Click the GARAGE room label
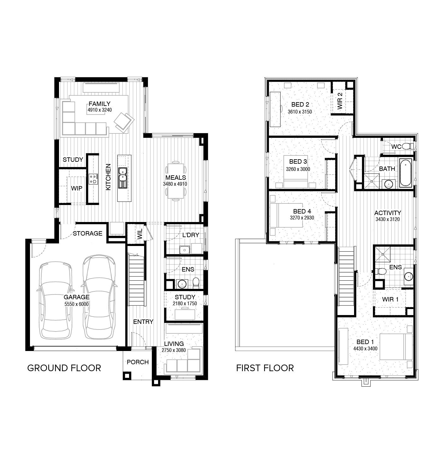[x=76, y=297]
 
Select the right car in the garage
[x=98, y=296]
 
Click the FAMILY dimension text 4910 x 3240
[x=100, y=110]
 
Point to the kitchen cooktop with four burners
[x=93, y=179]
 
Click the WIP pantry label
[x=76, y=188]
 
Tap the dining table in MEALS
[x=176, y=181]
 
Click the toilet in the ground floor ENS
[x=196, y=283]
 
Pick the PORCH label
[x=138, y=362]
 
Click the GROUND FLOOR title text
[x=64, y=368]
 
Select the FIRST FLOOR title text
[x=265, y=368]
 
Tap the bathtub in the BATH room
[x=406, y=173]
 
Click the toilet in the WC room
[x=409, y=146]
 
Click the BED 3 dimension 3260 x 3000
[x=298, y=169]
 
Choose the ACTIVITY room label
[x=388, y=213]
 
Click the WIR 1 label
[x=390, y=299]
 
